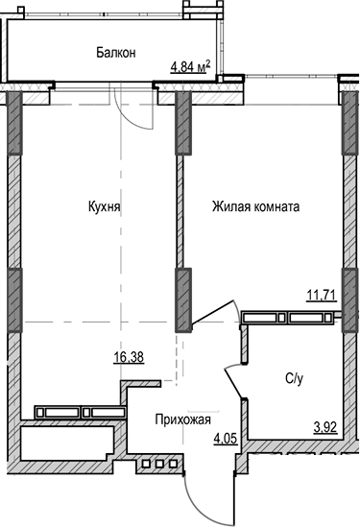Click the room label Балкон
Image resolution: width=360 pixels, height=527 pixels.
pyautogui.click(x=115, y=53)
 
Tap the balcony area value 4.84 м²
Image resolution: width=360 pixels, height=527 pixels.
pyautogui.click(x=190, y=66)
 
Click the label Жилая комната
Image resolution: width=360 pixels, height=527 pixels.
pyautogui.click(x=256, y=205)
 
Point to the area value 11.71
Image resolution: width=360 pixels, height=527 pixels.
pyautogui.click(x=321, y=295)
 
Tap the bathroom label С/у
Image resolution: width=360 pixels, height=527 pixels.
pyautogui.click(x=296, y=377)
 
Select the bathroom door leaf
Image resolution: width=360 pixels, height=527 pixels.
pyautogui.click(x=234, y=384)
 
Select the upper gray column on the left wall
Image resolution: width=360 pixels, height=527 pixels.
pyautogui.click(x=13, y=124)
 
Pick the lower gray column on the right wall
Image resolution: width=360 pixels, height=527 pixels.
pyautogui.click(x=348, y=299)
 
